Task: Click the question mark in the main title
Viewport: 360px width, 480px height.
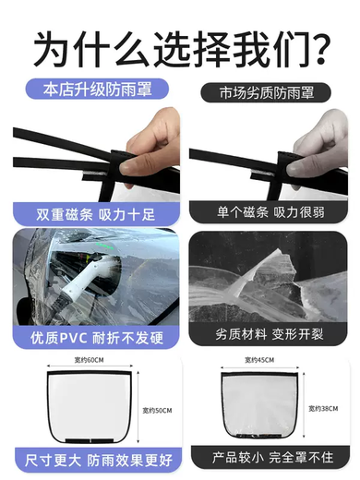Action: [319, 49]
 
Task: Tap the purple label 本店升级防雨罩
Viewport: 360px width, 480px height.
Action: [97, 90]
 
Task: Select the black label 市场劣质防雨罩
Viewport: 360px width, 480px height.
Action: [266, 92]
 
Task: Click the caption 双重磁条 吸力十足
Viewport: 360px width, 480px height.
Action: [95, 214]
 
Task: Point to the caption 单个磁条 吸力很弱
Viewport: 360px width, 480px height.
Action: [270, 212]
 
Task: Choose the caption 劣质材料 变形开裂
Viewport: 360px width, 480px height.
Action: [270, 334]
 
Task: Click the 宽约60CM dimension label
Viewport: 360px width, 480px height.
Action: [89, 360]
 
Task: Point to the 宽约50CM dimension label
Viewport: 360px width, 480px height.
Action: [157, 410]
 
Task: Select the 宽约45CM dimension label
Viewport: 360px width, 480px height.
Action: [259, 360]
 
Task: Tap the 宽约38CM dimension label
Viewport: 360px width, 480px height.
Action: [323, 408]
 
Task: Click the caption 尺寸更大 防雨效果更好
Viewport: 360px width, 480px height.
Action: [99, 461]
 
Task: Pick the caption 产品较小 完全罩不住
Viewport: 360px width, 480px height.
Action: [272, 458]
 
